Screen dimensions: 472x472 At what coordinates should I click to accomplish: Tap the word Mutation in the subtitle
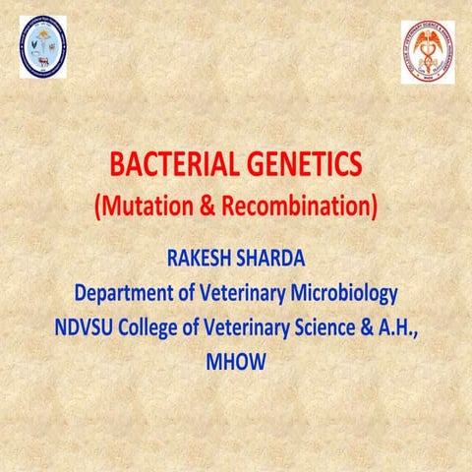[x=144, y=207]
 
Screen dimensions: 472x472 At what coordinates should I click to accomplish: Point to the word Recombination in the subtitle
[x=296, y=207]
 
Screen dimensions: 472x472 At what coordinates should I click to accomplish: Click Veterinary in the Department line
[x=244, y=293]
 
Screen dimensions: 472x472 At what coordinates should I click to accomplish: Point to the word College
[x=153, y=327]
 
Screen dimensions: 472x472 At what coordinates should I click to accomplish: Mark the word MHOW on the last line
[x=236, y=361]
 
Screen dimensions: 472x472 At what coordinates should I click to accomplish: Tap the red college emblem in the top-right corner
[x=428, y=51]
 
